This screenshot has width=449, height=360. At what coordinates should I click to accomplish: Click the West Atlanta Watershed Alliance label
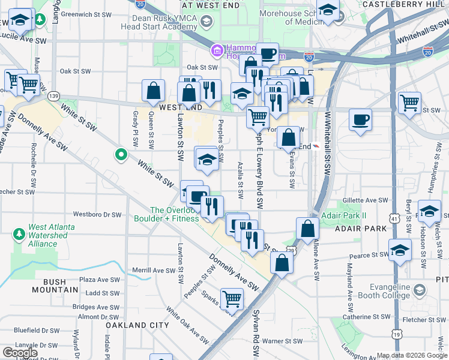click(x=51, y=235)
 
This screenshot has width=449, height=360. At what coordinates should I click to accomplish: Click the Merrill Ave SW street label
click(x=154, y=271)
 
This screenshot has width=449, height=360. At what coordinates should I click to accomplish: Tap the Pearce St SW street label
click(x=367, y=256)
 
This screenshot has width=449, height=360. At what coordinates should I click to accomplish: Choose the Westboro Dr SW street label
click(x=97, y=214)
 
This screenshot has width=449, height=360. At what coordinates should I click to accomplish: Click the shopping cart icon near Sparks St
click(x=232, y=298)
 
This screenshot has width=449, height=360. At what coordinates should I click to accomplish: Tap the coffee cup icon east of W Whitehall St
click(x=360, y=119)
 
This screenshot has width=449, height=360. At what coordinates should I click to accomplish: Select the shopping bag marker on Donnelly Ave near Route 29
click(x=281, y=262)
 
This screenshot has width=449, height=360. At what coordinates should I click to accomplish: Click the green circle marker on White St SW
click(x=121, y=155)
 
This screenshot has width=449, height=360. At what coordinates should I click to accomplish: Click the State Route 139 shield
click(x=54, y=96)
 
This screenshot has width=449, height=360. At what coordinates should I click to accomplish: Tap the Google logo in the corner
click(x=19, y=353)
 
